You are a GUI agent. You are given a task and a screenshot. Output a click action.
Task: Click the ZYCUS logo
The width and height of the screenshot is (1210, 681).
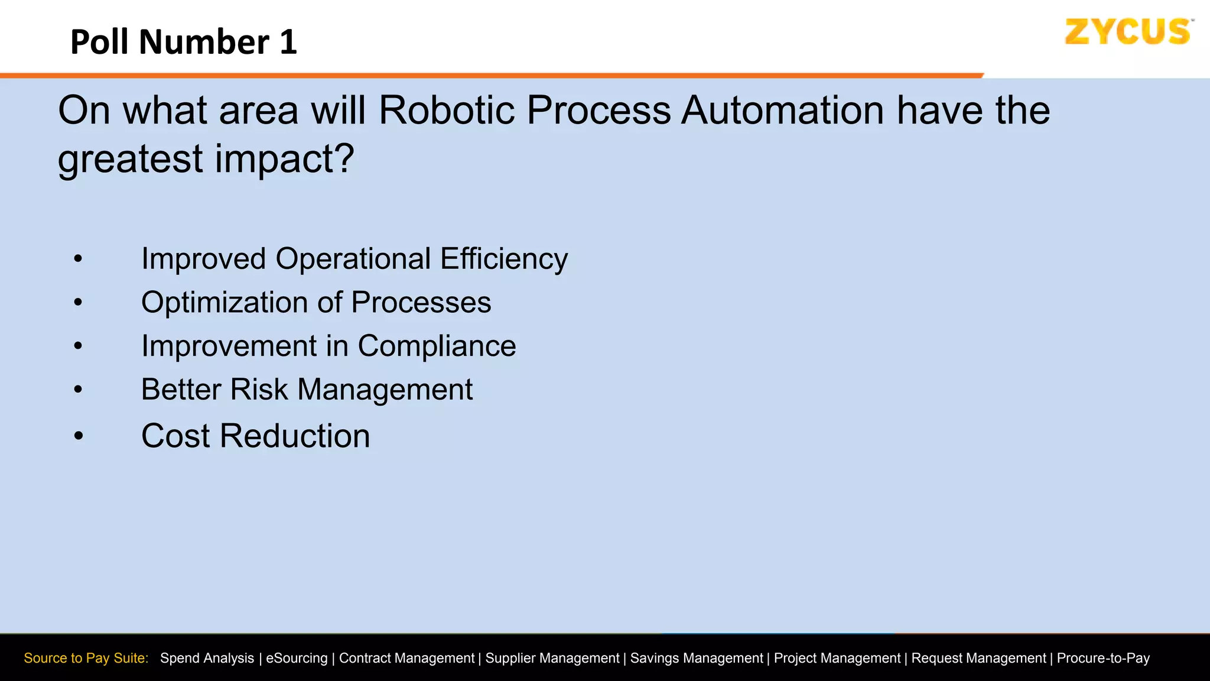[1127, 32]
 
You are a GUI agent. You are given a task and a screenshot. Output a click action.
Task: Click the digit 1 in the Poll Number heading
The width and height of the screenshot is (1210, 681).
[288, 43]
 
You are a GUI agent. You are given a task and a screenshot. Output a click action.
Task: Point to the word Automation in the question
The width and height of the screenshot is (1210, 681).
[783, 111]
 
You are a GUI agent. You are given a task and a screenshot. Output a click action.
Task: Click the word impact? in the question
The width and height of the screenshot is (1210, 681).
[284, 160]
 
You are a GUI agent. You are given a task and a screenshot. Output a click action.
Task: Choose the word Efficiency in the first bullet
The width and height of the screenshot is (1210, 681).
[504, 259]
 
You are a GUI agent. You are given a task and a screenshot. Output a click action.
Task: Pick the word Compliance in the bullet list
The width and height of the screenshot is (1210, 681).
[437, 346]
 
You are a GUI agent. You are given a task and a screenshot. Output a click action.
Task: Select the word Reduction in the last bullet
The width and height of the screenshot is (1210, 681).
[295, 436]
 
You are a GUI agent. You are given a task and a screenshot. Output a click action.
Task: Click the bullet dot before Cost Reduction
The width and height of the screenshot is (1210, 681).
[79, 436]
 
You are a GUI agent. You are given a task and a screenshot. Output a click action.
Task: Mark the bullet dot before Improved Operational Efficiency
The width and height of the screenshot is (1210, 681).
[78, 259]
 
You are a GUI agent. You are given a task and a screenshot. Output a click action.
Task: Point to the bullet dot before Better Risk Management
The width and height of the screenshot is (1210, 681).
[78, 390]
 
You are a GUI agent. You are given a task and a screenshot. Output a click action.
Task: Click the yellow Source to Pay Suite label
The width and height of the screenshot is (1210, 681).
[86, 659]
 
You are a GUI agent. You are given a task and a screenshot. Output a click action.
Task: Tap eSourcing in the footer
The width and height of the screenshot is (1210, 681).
[297, 659]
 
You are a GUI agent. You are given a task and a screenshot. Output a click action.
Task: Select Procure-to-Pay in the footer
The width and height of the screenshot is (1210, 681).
[1103, 659]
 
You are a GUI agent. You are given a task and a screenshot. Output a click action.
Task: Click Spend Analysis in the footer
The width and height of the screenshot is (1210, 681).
[207, 659]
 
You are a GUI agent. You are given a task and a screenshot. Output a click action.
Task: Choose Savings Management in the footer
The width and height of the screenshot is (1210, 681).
[697, 659]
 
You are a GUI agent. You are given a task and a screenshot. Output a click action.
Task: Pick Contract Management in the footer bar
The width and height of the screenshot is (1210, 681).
[406, 659]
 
